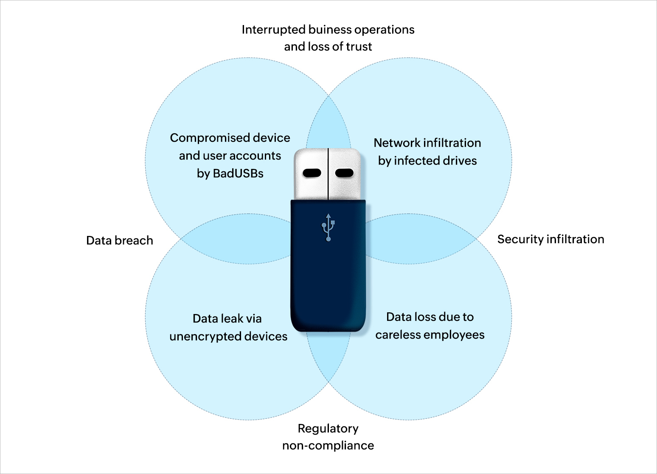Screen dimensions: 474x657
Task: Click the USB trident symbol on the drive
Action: (x=328, y=228)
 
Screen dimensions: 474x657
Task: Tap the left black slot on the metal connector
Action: (x=312, y=173)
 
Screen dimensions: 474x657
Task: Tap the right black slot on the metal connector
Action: (x=344, y=173)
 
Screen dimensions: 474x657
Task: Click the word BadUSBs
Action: (x=238, y=174)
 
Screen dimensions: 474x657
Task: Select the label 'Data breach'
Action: (x=120, y=241)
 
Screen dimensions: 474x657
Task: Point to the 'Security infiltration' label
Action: (x=550, y=239)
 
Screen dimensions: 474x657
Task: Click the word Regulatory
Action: (x=328, y=429)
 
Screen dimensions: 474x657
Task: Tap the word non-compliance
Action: (x=328, y=446)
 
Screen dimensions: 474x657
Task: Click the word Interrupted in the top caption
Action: (x=274, y=30)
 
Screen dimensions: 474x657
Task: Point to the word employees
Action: (x=455, y=335)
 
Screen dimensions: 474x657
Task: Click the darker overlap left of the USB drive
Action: (x=238, y=240)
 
